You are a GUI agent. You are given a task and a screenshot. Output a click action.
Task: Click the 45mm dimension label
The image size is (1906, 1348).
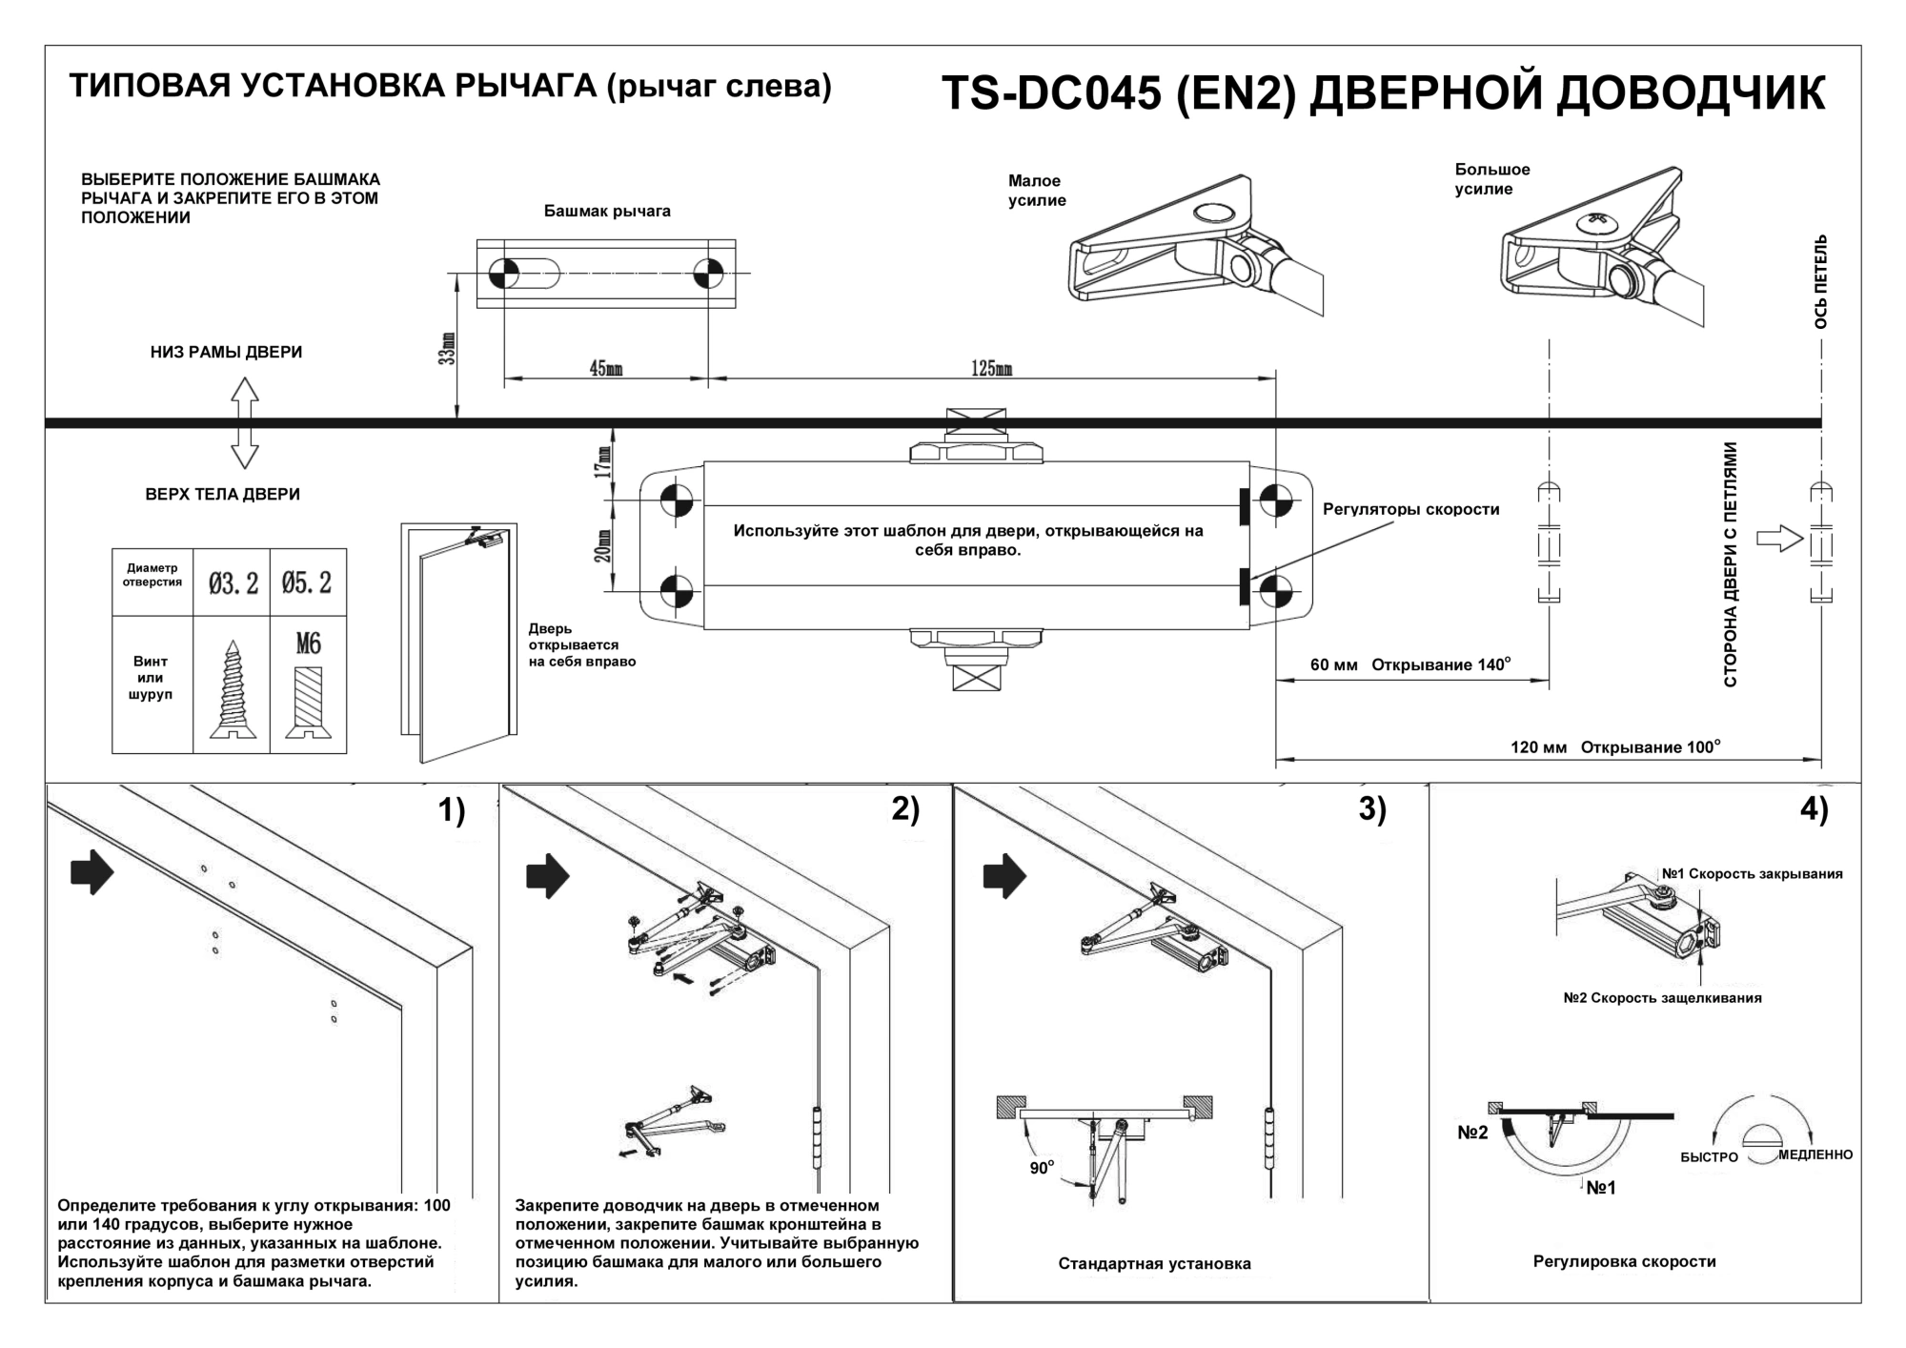pos(606,369)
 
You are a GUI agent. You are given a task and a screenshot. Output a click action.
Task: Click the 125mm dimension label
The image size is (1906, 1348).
pos(991,369)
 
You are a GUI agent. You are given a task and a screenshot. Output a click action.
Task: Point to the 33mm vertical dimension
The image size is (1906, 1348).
pos(449,348)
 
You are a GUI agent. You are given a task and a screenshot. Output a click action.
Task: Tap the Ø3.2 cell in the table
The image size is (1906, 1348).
pos(233,582)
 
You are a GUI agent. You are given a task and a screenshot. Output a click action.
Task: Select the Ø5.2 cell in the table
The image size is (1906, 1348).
pos(307,582)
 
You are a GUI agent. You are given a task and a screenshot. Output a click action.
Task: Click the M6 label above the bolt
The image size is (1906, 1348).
pos(308,644)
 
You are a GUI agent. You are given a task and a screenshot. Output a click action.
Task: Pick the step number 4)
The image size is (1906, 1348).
pos(1814,809)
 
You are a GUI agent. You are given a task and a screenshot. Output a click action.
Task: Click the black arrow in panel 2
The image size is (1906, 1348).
pos(548,875)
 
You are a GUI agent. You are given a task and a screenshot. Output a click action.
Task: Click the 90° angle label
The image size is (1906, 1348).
pos(1042,1168)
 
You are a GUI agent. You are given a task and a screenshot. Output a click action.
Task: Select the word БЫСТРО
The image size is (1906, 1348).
pos(1709,1157)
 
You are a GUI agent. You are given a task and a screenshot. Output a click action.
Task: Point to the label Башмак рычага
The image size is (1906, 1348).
pos(607,212)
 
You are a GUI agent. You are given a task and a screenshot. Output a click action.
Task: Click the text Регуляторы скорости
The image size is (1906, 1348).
pos(1410,510)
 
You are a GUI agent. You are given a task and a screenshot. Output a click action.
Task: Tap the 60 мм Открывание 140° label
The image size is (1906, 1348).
pos(1410,664)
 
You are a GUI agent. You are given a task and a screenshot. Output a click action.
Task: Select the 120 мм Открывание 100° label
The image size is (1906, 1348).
pos(1615,746)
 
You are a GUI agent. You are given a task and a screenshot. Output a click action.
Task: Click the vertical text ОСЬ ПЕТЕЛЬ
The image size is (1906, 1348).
pos(1820,281)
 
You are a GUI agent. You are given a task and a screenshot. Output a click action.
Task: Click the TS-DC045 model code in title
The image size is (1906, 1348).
pos(1051,94)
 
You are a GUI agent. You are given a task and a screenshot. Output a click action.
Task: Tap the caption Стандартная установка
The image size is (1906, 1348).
pos(1154,1264)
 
